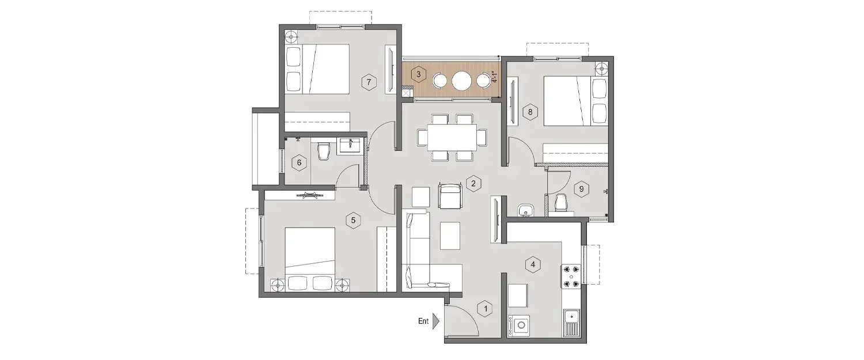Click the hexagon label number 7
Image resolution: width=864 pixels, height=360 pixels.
point(369,82)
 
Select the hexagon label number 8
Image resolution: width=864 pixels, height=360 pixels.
point(530,112)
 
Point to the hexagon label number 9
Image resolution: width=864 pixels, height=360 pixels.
point(581,188)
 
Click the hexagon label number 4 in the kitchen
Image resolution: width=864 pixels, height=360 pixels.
point(533,265)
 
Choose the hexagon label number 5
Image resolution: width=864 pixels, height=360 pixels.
point(354,219)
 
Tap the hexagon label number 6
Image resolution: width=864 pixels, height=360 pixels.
point(299,163)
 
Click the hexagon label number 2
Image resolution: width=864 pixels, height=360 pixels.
point(473,184)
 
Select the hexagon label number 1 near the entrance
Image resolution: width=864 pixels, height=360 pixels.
point(486,309)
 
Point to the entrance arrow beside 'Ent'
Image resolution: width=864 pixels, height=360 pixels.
point(436,321)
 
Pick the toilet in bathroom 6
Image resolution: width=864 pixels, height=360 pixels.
point(324,151)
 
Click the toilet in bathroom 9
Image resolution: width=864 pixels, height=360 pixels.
point(560,203)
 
